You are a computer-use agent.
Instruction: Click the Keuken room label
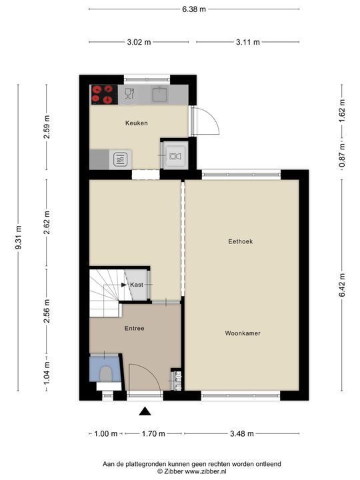pos(137,123)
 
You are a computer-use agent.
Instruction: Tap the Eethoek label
pos(241,241)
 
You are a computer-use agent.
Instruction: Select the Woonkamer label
pos(243,333)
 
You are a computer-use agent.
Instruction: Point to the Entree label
pos(135,329)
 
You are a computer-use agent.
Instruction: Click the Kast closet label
pos(137,285)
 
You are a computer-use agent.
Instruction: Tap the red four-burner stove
pos(104,94)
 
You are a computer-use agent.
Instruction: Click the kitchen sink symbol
pos(159,94)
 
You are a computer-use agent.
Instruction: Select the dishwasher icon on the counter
pos(130,94)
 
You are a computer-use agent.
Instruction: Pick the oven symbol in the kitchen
pos(120,159)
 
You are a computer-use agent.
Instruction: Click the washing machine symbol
pos(175,156)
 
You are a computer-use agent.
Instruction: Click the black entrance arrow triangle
pos(145,411)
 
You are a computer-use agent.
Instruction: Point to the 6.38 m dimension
pos(194,9)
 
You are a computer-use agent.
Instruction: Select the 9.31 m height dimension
pos(19,237)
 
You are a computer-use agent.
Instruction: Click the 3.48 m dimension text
pos(242,433)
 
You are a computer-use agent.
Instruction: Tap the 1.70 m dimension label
pos(153,433)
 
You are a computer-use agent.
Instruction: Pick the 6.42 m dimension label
pos(342,285)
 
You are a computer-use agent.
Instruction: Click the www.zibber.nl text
pos(206,471)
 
